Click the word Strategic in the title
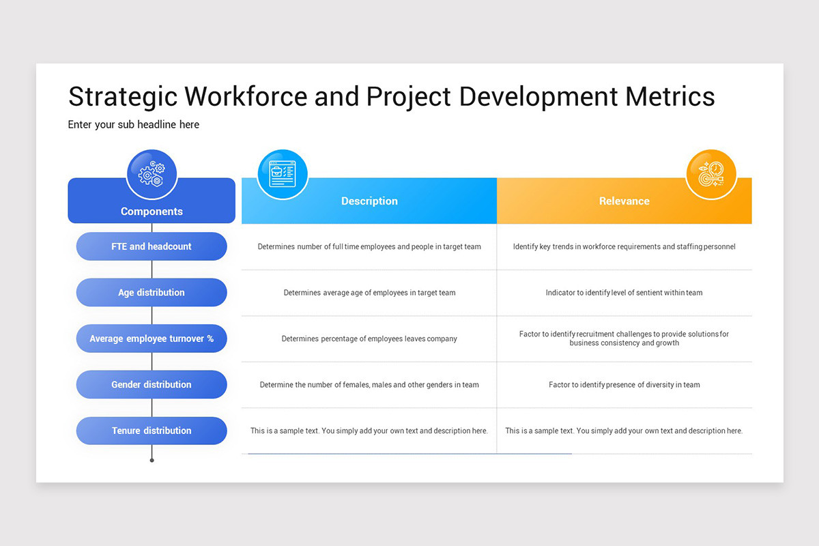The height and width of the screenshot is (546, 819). point(123,97)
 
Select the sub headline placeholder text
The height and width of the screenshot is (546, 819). point(134,125)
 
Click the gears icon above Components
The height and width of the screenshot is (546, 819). point(152,175)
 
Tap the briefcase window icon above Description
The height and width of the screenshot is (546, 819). point(283,175)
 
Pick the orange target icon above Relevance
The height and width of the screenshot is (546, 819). point(711,175)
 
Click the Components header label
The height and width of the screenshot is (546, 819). point(152,212)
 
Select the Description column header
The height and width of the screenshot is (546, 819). point(369,201)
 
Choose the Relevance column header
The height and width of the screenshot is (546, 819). point(624,201)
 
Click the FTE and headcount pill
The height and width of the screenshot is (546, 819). point(152,246)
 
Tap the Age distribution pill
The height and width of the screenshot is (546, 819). point(152,293)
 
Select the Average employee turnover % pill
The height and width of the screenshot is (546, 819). point(152,339)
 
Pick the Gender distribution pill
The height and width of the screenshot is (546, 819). point(152,385)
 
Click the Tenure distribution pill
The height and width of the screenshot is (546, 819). point(152,431)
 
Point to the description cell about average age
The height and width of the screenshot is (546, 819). point(369,293)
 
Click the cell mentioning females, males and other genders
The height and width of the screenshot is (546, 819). point(369,385)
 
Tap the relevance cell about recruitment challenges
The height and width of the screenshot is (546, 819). point(624,339)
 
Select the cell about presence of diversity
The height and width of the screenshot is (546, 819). point(624,385)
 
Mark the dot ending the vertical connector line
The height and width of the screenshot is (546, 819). point(152,460)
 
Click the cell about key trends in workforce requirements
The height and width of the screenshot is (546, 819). point(624,246)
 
